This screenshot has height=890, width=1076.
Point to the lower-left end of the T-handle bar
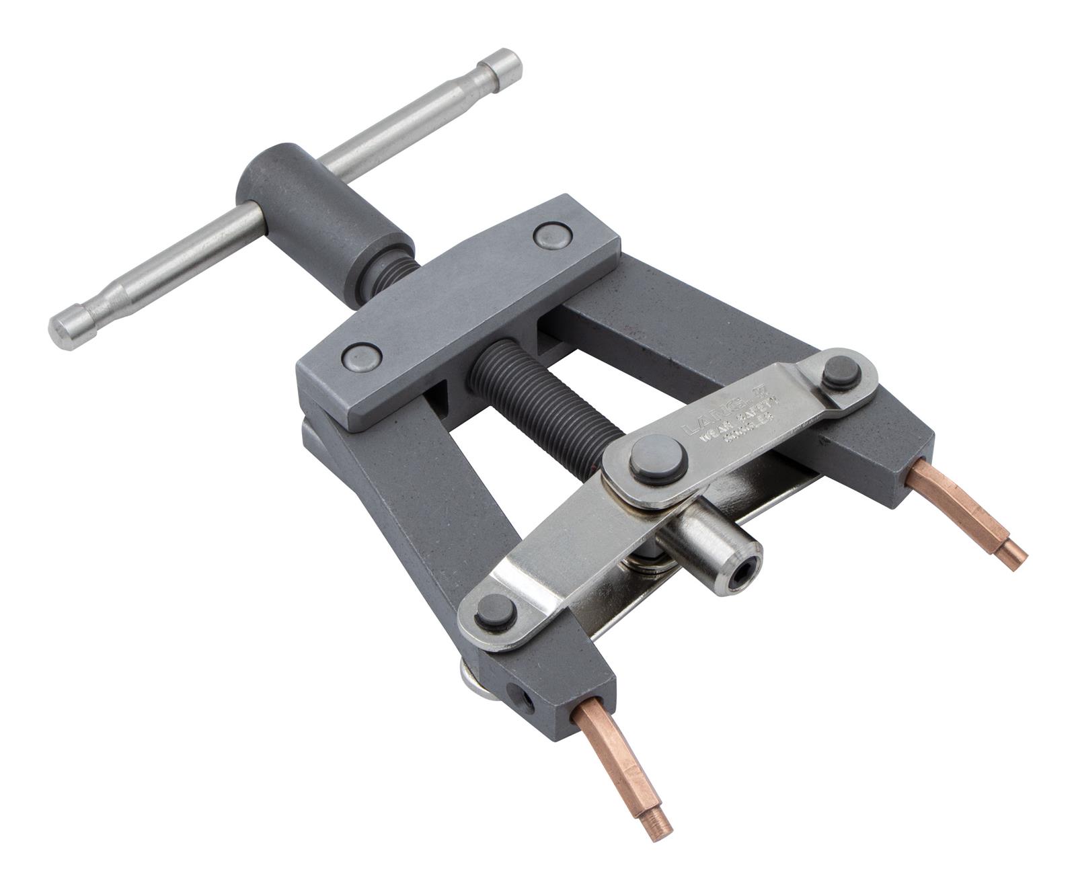pos(67,329)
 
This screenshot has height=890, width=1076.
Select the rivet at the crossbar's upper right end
pos(552,235)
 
